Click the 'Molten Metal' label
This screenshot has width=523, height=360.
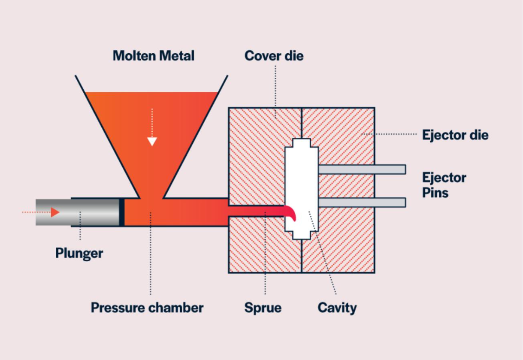[x=154, y=56]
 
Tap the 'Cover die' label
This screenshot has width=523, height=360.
[x=274, y=56]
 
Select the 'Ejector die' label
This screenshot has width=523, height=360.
[x=455, y=135]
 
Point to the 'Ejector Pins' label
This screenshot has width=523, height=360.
[x=444, y=185]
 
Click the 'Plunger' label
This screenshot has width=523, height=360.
[x=79, y=253]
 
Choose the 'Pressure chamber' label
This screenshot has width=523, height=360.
[x=147, y=308]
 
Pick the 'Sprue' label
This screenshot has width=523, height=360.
[x=263, y=308]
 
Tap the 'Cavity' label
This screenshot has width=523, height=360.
[x=337, y=308]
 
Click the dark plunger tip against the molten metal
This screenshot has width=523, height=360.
[x=122, y=212]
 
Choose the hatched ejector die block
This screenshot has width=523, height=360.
[x=343, y=249]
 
